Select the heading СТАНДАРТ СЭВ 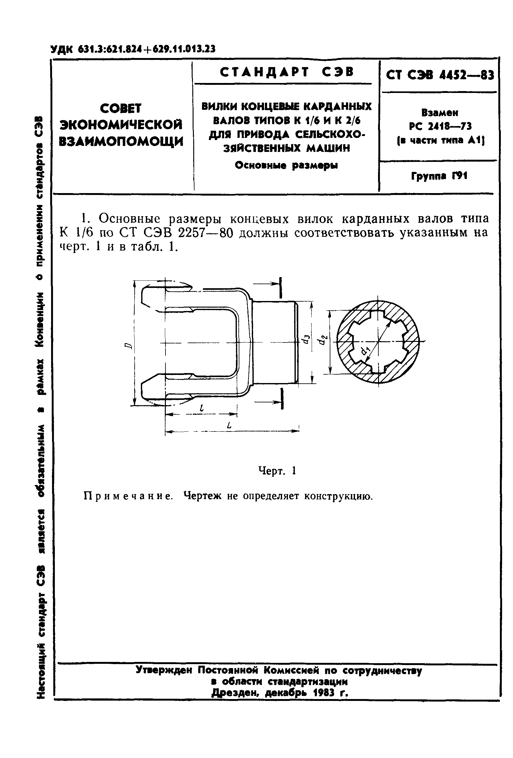[286, 72]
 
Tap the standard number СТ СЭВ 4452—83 [440, 75]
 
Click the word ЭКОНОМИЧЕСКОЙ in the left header [122, 124]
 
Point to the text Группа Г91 [439, 176]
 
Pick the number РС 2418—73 [440, 126]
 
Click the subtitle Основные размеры [286, 165]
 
